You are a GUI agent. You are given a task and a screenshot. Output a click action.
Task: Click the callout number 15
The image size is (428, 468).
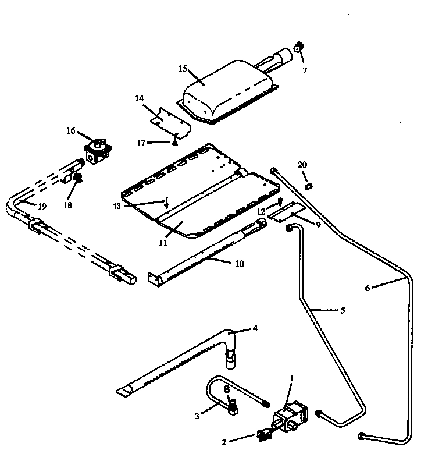point(183,69)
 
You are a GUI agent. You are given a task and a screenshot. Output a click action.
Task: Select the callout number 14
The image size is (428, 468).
point(140,100)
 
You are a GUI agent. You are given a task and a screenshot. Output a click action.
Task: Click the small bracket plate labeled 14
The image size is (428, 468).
point(168,123)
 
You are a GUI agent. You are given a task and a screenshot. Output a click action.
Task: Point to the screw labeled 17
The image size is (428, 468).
point(173,142)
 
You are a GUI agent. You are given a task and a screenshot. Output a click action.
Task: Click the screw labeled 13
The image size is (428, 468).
point(167,204)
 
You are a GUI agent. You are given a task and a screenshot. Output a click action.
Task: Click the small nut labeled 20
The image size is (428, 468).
point(310,186)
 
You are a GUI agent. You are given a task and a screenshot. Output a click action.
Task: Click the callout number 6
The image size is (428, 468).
point(367,287)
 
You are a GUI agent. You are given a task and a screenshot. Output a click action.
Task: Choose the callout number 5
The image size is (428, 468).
point(342,310)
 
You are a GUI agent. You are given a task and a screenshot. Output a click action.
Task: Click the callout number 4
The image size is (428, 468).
point(254,328)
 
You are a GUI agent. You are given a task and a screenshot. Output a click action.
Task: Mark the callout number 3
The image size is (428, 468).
point(197,416)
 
